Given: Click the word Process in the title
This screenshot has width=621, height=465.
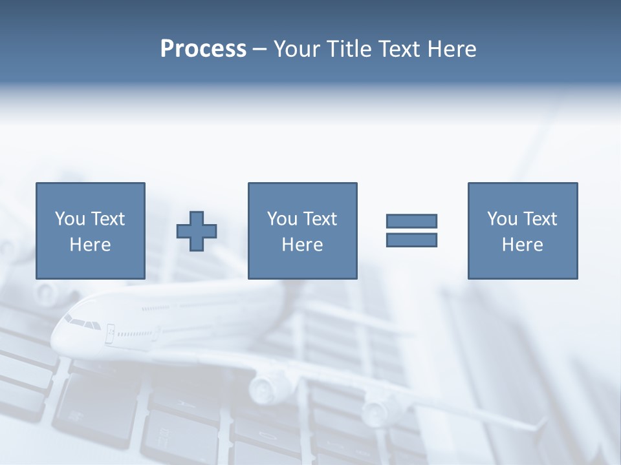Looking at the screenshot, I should [x=203, y=49].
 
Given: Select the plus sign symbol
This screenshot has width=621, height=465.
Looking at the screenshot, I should [x=197, y=231].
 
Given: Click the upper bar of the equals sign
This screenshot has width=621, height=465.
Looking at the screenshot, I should [x=411, y=221].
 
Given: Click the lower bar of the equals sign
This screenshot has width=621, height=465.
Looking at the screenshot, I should [x=411, y=240].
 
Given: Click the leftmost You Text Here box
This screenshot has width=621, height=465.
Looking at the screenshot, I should [x=90, y=231].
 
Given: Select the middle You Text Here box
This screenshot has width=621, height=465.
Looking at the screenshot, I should [x=302, y=231].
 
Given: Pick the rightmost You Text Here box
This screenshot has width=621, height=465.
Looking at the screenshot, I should [x=522, y=231].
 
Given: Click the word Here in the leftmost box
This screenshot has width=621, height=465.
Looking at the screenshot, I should [x=90, y=245].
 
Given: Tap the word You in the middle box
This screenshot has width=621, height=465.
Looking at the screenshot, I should [x=281, y=219].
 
